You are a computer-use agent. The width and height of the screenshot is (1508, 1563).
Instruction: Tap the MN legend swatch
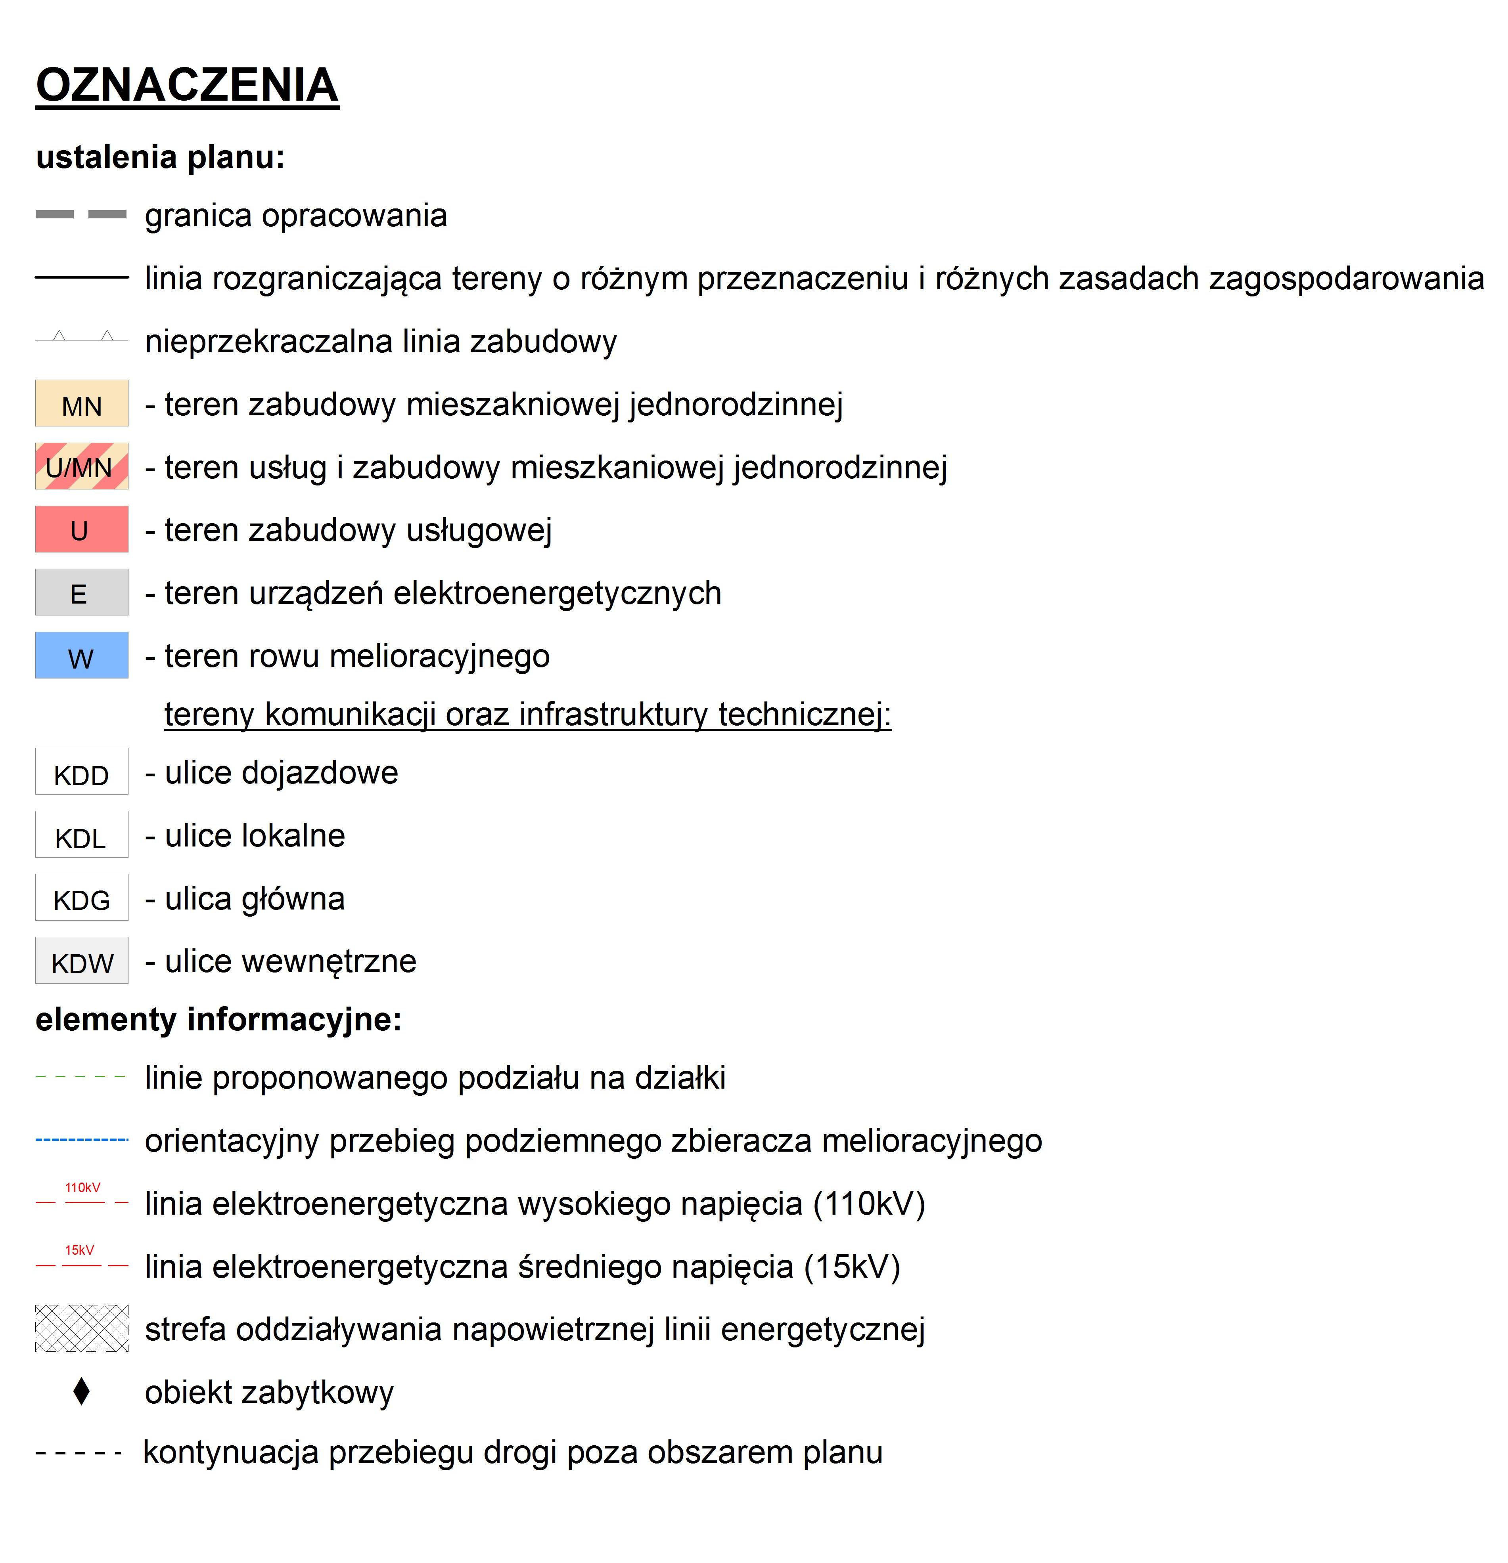[x=81, y=403]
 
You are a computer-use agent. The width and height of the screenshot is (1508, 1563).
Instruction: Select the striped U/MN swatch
[x=81, y=466]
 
